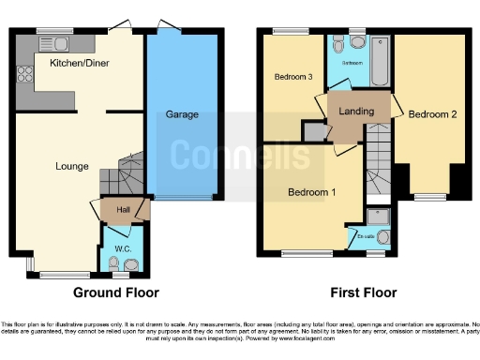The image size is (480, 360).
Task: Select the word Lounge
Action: click(71, 167)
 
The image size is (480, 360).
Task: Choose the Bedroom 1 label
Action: click(311, 192)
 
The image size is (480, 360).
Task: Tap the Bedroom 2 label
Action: click(432, 114)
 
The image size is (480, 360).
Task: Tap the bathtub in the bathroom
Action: click(380, 62)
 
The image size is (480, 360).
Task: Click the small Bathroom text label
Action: click(352, 62)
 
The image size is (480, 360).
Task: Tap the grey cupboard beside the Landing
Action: click(310, 131)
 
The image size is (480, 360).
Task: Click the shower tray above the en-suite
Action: click(379, 217)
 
